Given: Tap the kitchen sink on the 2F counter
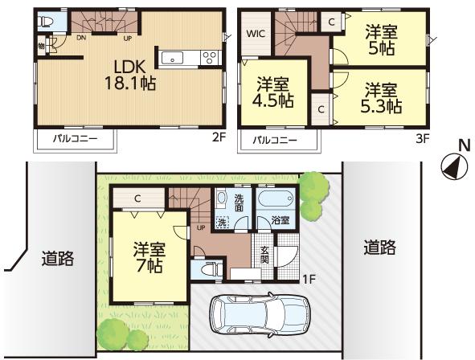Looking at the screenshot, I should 173,57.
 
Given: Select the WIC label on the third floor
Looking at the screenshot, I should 256,35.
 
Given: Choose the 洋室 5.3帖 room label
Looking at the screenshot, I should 383,96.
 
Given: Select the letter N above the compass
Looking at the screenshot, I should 463,145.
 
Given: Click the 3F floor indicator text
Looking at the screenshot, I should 423,137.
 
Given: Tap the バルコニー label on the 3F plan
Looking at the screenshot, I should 275,140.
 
